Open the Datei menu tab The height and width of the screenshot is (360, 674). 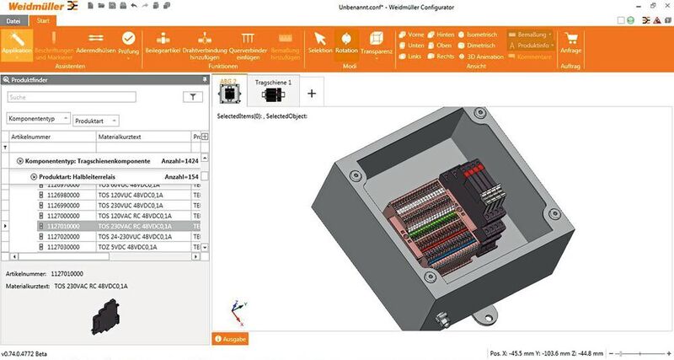pos(15,19)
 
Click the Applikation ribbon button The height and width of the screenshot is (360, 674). pos(17,44)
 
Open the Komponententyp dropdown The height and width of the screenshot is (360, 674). pos(38,121)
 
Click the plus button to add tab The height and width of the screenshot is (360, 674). pos(312,93)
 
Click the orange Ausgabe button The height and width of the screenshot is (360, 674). pos(230,338)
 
